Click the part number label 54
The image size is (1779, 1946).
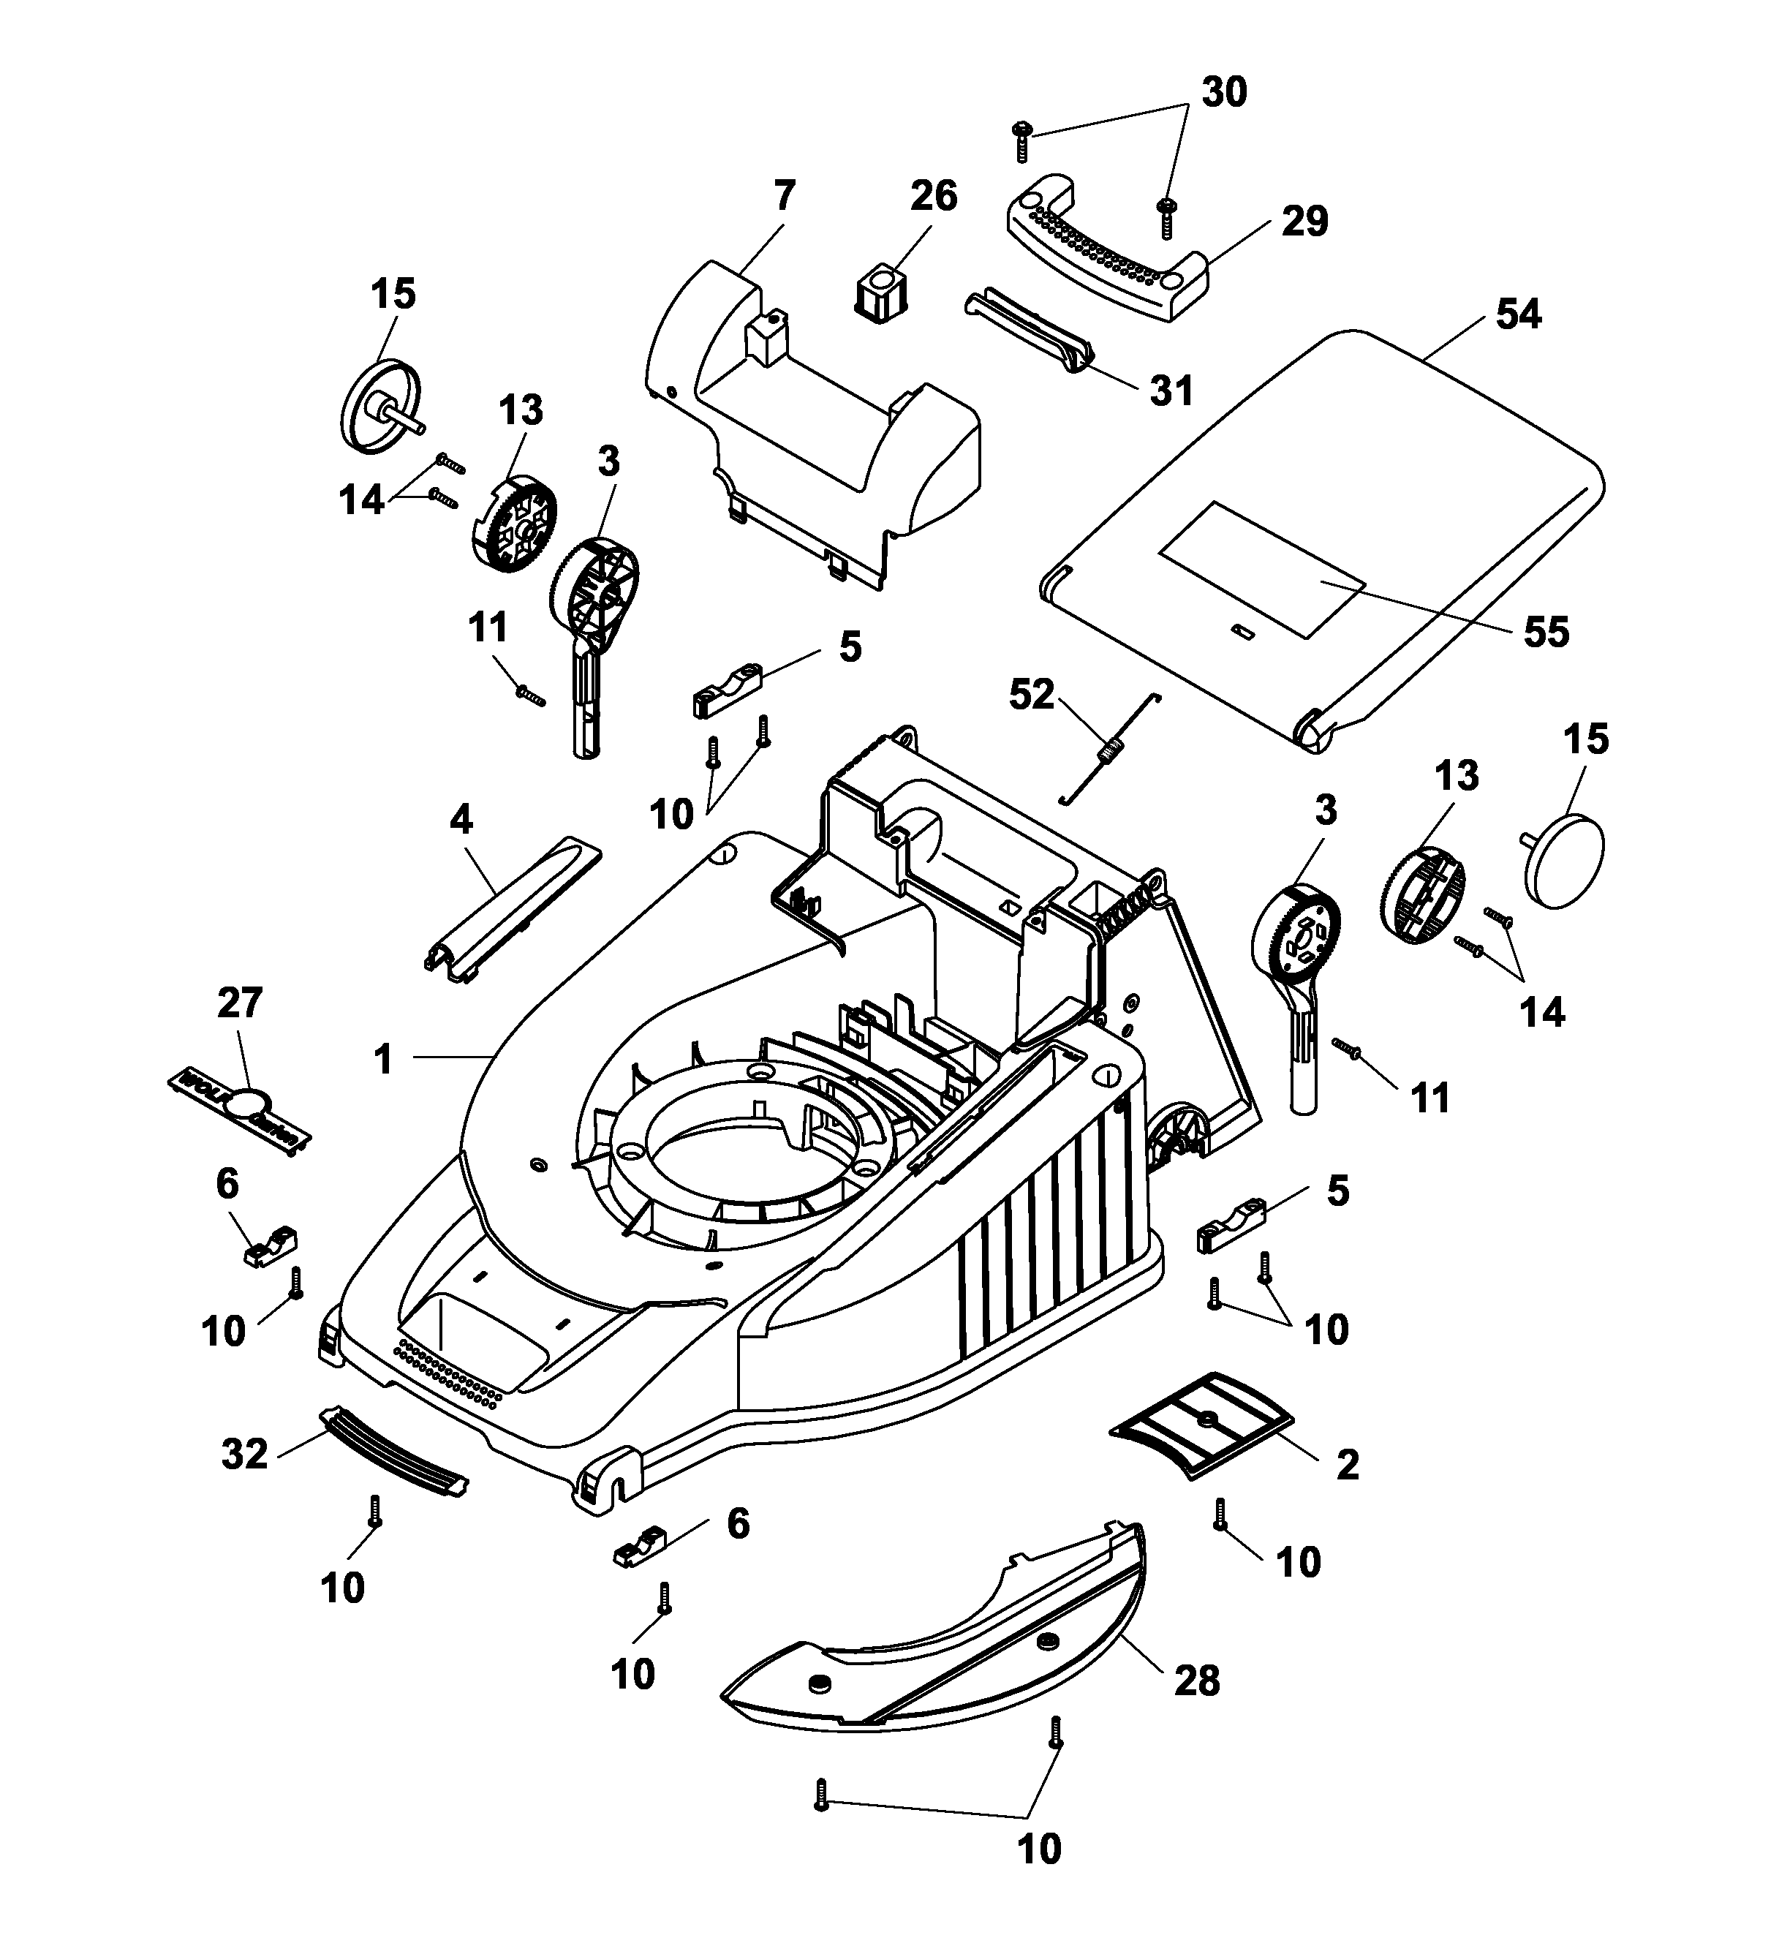coord(1519,314)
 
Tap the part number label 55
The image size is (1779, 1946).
coord(1546,633)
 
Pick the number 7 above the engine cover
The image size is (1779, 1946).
coord(784,197)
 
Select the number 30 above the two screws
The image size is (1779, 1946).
coord(1224,93)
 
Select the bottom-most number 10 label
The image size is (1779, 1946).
coord(1038,1849)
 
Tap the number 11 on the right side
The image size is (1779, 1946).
coord(1430,1098)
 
